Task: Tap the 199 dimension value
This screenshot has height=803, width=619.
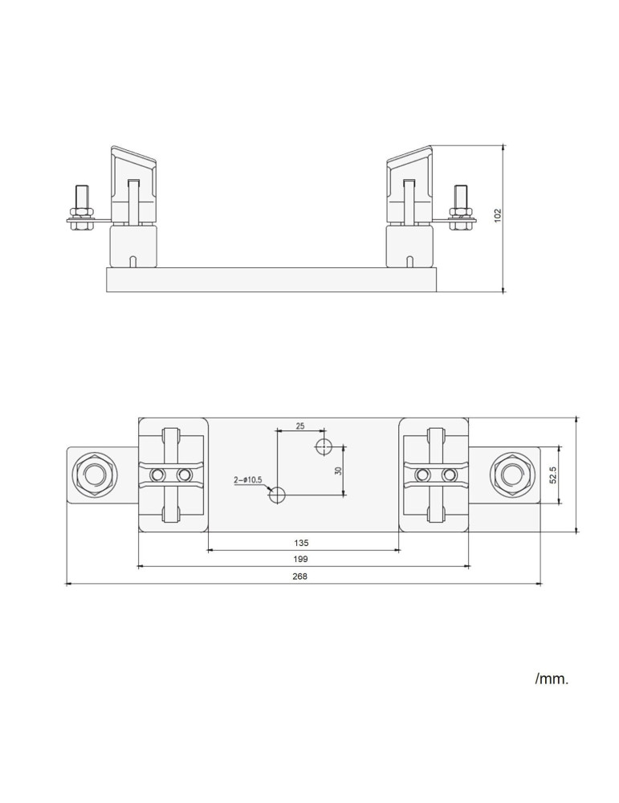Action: [x=302, y=558]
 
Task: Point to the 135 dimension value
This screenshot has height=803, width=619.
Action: [x=303, y=541]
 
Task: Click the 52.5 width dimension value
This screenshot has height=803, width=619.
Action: [x=553, y=475]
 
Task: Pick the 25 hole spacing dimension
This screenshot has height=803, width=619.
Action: [x=299, y=426]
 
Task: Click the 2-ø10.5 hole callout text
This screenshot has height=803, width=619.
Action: [x=248, y=479]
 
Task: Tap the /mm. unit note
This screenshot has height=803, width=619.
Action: [x=552, y=679]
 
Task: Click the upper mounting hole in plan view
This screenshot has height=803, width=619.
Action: [x=324, y=446]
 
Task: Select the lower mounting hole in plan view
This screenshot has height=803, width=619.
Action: [x=277, y=495]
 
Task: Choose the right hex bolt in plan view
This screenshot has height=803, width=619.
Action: [x=511, y=475]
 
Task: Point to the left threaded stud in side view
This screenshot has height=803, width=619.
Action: [x=81, y=206]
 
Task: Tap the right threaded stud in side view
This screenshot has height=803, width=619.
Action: [x=459, y=206]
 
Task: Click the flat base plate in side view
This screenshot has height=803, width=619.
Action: [x=271, y=279]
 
